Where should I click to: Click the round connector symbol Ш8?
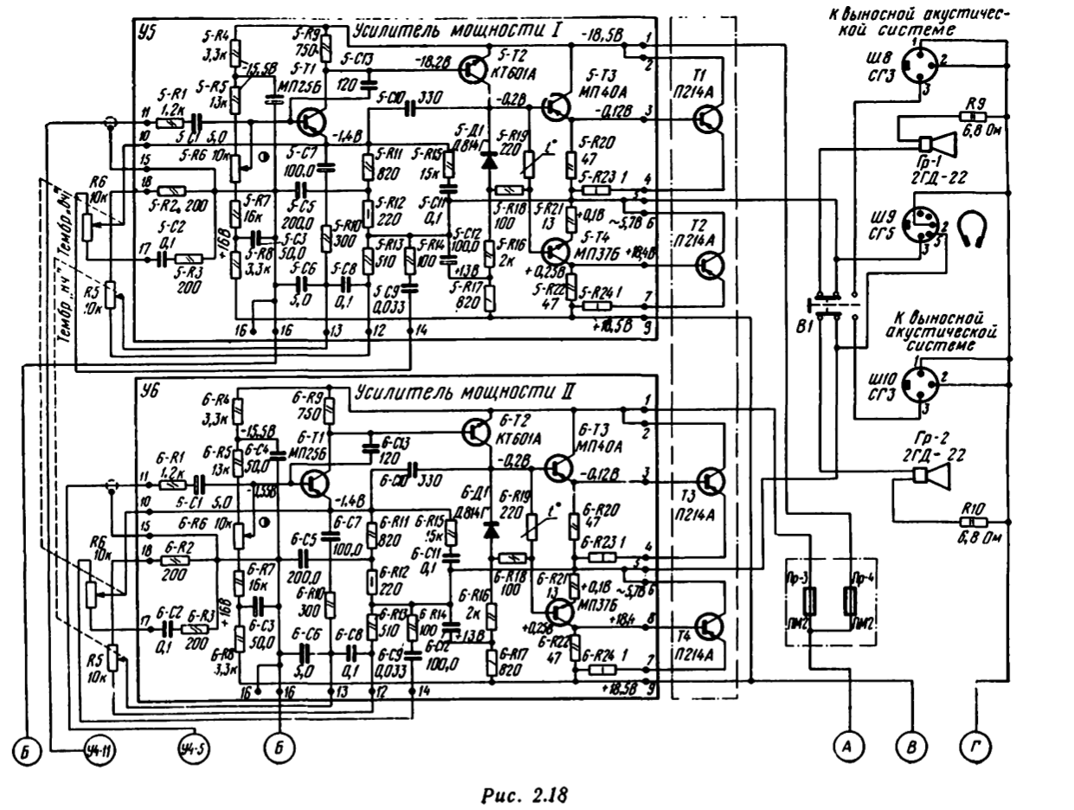[x=918, y=64]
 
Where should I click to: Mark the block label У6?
[x=147, y=391]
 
